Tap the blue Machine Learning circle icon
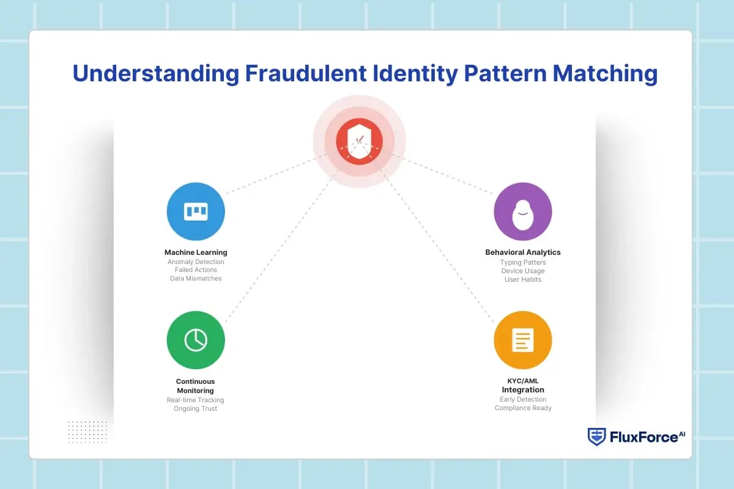point(196,211)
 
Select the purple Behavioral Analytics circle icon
point(522,211)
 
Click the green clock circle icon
point(196,340)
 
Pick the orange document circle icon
point(522,340)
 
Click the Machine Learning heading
point(196,252)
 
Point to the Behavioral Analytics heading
point(522,252)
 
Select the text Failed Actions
point(196,270)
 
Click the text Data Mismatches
point(196,279)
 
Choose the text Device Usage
point(522,271)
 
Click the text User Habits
point(522,279)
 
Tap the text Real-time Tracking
point(196,400)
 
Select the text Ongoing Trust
point(196,408)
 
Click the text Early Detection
point(522,399)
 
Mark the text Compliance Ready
point(522,408)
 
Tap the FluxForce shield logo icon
point(596,436)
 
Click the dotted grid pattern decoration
point(87,432)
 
